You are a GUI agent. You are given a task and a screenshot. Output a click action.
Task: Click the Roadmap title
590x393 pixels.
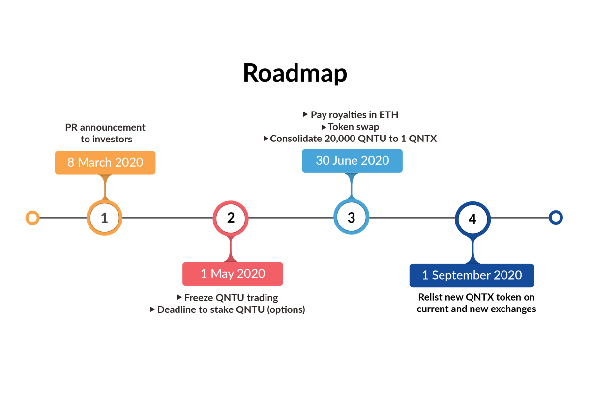tap(295, 73)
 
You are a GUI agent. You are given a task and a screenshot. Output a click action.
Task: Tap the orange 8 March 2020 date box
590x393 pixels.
tap(105, 163)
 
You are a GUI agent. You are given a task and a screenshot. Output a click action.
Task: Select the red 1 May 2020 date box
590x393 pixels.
tap(233, 274)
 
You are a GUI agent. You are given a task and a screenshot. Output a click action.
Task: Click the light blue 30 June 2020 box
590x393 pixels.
tap(352, 161)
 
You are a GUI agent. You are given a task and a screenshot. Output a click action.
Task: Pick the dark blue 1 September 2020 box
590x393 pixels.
tap(472, 275)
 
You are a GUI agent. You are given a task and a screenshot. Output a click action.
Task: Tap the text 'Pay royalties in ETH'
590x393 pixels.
tap(354, 115)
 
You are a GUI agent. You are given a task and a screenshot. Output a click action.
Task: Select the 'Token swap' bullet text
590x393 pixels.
tap(354, 127)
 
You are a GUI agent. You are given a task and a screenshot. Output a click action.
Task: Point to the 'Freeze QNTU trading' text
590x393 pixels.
tap(231, 298)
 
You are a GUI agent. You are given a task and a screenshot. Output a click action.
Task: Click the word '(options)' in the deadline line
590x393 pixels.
tap(286, 310)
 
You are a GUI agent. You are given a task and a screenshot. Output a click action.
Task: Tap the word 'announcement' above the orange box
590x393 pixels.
tap(113, 128)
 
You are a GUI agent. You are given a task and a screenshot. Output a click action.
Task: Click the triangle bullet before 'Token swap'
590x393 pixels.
tap(324, 127)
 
